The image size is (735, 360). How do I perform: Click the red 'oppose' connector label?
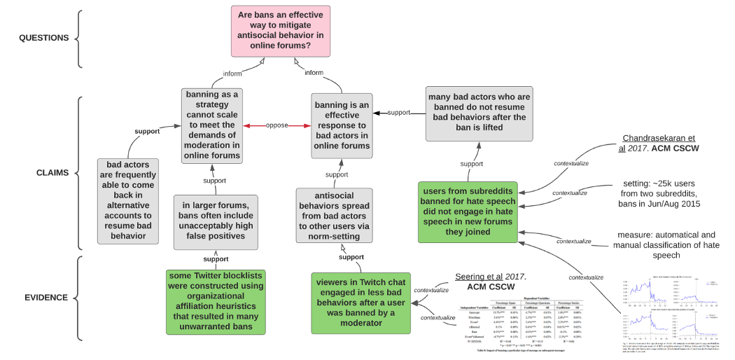point(277,125)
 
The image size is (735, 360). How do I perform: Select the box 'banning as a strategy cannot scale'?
point(212,125)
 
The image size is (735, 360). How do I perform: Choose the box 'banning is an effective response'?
point(341,125)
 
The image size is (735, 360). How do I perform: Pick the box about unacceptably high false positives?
point(216,221)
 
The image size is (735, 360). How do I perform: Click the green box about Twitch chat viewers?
point(361,303)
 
